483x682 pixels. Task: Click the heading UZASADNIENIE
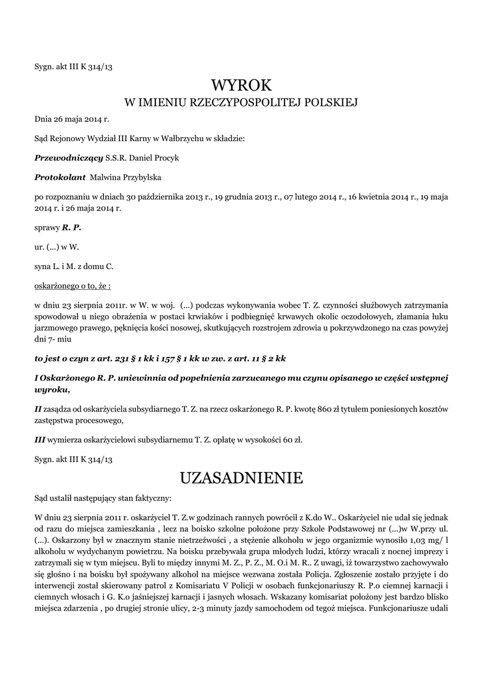pos(241,478)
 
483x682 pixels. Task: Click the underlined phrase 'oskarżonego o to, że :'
pos(73,285)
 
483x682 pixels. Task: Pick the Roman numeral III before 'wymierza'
pos(41,440)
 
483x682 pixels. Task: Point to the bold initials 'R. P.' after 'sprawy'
pos(72,228)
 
